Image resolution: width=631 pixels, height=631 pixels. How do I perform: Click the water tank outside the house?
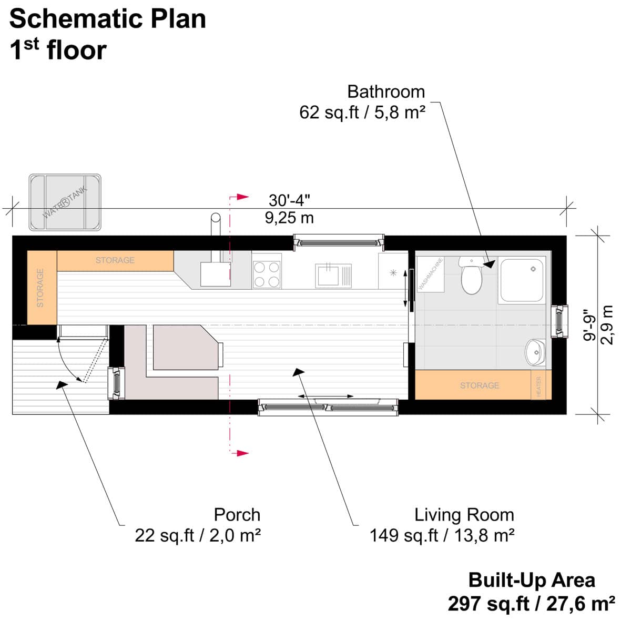[x=65, y=202]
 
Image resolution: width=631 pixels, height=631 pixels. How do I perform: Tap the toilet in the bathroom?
[x=471, y=276]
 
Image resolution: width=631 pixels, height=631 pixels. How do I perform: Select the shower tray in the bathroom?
[x=522, y=280]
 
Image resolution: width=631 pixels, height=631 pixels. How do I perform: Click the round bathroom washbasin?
[x=536, y=352]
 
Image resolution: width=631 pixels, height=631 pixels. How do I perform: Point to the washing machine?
[x=430, y=274]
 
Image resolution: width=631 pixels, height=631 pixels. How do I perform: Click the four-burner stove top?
[x=267, y=274]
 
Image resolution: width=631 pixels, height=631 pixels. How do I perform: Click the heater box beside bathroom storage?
[x=538, y=385]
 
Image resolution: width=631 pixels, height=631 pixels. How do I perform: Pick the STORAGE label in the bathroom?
[x=479, y=385]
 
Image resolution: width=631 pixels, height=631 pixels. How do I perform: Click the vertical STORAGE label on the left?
[x=40, y=288]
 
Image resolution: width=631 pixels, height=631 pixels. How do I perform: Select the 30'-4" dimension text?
[x=289, y=200]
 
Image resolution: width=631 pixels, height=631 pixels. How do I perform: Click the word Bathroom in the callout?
[x=385, y=91]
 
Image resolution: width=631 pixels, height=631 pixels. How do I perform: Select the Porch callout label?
[x=237, y=514]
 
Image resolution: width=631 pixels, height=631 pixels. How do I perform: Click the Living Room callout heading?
[x=464, y=514]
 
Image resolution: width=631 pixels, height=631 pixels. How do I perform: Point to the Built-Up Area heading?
[x=531, y=580]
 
